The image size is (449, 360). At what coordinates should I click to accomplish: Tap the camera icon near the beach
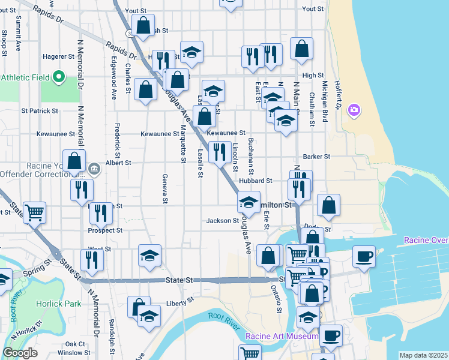click(x=354, y=109)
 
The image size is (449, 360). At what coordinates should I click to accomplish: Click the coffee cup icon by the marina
click(x=364, y=257)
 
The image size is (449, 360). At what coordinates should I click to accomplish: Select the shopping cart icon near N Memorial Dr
click(x=35, y=212)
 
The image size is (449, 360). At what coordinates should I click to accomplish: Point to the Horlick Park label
click(x=58, y=304)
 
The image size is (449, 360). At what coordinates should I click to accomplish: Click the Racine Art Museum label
click(x=281, y=337)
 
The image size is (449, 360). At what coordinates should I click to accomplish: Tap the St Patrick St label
click(x=40, y=111)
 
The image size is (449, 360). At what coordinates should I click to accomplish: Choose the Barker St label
click(x=317, y=157)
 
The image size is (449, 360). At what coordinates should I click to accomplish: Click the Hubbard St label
click(x=256, y=180)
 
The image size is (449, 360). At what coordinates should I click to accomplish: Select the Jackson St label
click(x=223, y=221)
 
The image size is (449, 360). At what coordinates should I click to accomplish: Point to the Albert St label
click(x=118, y=163)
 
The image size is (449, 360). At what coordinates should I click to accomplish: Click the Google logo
click(x=20, y=353)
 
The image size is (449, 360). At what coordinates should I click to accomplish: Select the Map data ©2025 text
click(x=423, y=355)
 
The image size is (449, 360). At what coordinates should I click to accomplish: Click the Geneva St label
click(x=164, y=188)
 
